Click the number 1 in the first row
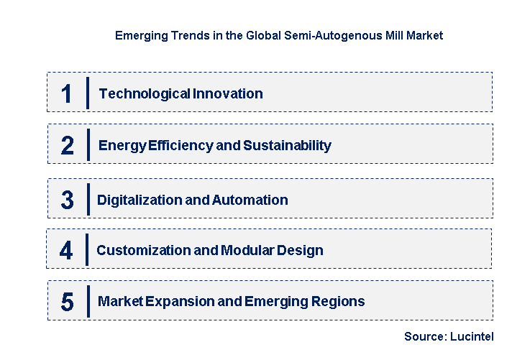coord(66,93)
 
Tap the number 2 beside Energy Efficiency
coord(67,146)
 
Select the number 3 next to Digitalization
coord(67,200)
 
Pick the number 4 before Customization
coord(66,251)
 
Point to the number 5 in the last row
coord(67,302)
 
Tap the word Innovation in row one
coord(228,93)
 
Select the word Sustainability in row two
coord(287,146)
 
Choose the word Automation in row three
coord(250,200)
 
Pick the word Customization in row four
coord(140,251)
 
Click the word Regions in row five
coord(338,302)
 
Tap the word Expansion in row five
coord(178,302)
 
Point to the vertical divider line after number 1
coord(87,93)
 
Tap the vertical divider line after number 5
coord(87,301)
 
